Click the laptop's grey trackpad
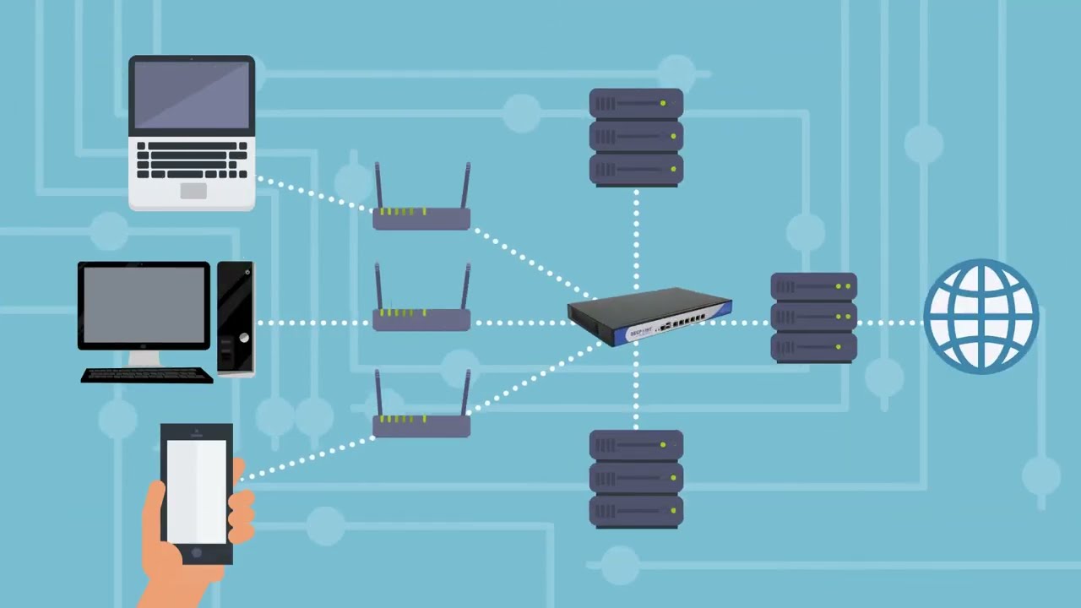[193, 191]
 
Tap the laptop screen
[192, 95]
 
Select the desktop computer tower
[236, 318]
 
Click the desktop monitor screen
[144, 305]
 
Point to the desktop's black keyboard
[146, 375]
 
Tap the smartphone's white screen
[197, 490]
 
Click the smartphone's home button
[197, 553]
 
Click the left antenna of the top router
[378, 187]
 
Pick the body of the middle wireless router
[421, 320]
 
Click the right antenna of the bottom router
[465, 393]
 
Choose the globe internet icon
[981, 317]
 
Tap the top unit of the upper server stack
[636, 103]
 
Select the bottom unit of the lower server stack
[636, 511]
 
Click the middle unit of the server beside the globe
[813, 318]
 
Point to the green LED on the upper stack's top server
[663, 103]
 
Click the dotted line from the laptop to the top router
[312, 194]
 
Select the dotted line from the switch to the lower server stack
[636, 388]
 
